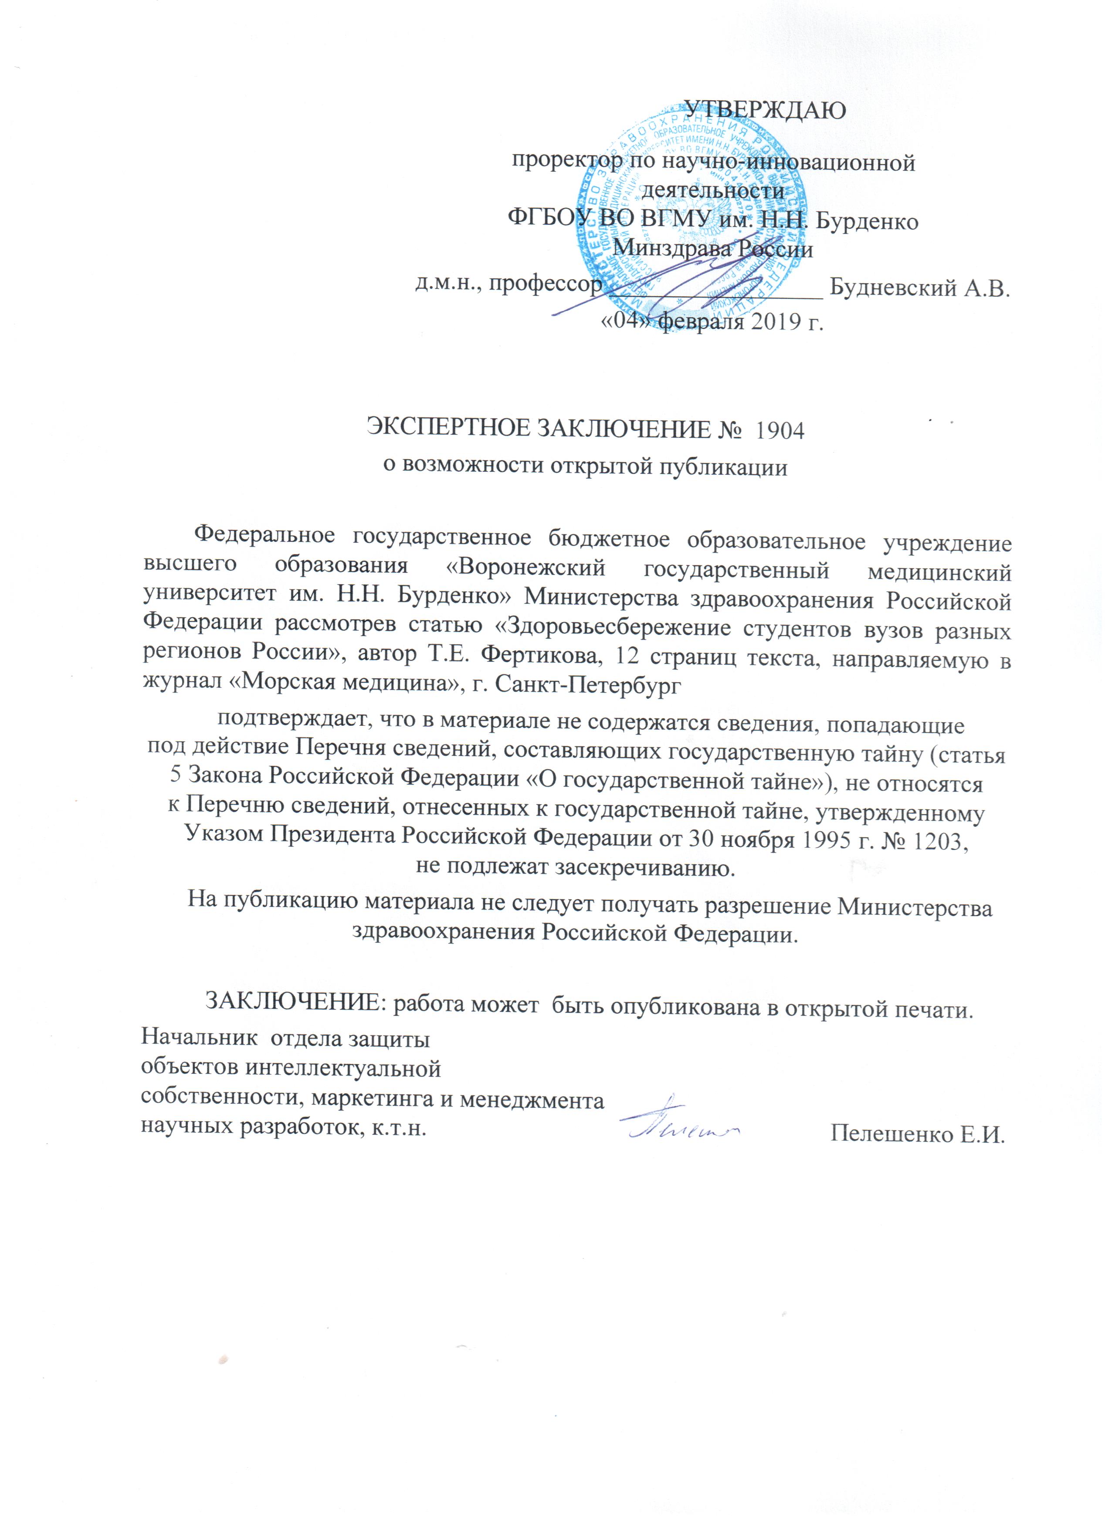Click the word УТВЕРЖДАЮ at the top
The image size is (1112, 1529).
point(765,109)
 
